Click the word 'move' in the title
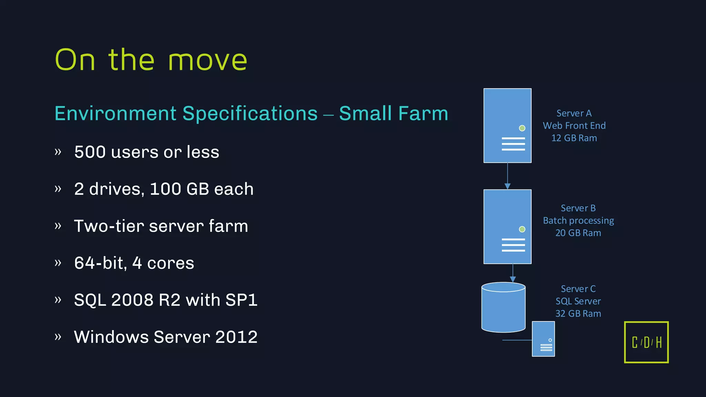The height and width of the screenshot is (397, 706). [x=208, y=60]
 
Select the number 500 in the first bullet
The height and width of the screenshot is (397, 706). [x=90, y=152]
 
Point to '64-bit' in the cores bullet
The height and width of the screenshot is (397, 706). [x=99, y=263]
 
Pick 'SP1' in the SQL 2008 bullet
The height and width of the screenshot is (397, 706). [x=241, y=300]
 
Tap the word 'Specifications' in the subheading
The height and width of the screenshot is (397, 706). [x=250, y=113]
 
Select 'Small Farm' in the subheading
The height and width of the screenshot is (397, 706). [x=393, y=113]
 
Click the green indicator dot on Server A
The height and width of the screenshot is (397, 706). [x=522, y=128]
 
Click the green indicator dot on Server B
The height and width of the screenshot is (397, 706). [x=522, y=229]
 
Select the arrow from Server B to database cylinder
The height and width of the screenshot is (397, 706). [x=513, y=273]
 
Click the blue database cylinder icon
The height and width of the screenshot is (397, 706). [x=503, y=308]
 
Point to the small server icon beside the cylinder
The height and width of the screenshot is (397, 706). [x=543, y=339]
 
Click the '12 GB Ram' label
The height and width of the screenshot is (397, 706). [x=574, y=138]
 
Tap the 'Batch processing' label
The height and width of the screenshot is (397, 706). [x=578, y=221]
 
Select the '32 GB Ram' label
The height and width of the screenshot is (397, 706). [x=578, y=314]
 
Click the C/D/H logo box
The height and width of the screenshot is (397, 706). [x=646, y=342]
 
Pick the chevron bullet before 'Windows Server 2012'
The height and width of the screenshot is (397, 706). [x=58, y=337]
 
